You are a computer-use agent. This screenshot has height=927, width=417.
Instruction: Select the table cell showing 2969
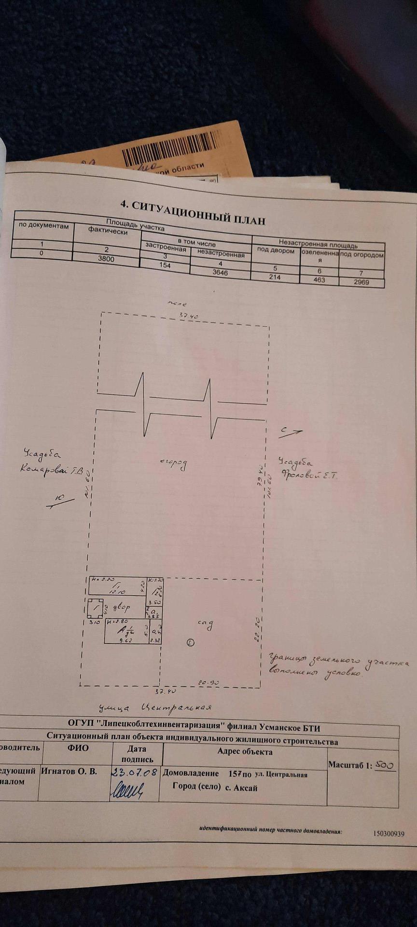(x=361, y=281)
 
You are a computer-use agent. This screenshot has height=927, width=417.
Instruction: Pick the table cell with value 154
(x=165, y=266)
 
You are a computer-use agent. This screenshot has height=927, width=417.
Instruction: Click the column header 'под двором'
(x=276, y=252)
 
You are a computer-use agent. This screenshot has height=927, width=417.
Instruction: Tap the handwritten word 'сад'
(x=205, y=624)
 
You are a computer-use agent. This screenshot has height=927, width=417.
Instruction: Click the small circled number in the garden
(x=190, y=642)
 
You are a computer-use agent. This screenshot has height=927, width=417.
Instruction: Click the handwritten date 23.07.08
(x=135, y=772)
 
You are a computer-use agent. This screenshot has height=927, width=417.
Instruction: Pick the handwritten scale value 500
(x=386, y=765)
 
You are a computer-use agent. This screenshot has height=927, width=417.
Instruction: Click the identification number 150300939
(x=389, y=834)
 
